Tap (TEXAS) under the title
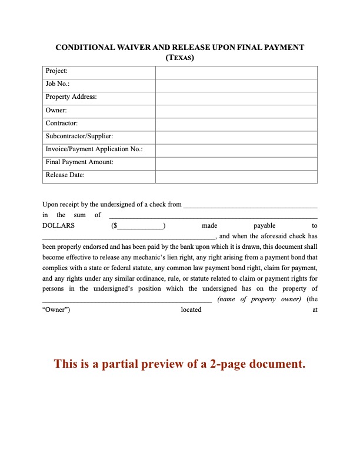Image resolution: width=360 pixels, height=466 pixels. [180, 58]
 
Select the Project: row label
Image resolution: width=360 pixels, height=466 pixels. [56, 71]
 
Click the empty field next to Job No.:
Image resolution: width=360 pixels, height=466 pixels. [236, 84]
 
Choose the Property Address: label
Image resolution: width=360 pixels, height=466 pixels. [71, 97]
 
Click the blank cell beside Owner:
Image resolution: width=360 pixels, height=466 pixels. [236, 110]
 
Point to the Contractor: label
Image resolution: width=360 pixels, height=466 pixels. [61, 123]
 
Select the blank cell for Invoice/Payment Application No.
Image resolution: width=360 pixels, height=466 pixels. [236, 149]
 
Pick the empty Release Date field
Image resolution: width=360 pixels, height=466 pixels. [236, 175]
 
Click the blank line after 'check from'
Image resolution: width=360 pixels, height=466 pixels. [251, 206]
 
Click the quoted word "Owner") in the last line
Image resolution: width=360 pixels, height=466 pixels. [56, 310]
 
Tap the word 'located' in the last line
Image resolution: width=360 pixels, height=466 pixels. [191, 310]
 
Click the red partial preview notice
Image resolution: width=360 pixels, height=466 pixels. [180, 364]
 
